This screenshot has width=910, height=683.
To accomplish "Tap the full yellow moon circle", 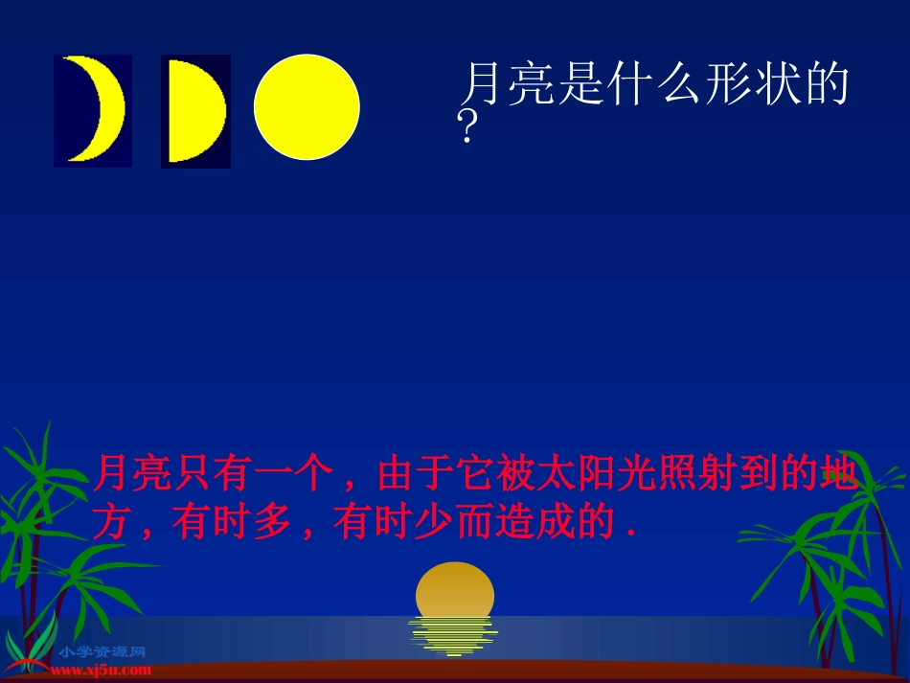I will pos(307,106).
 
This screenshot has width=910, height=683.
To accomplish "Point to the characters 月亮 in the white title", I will pos(508,85).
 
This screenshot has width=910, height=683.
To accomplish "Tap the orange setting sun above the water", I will pos(455,589).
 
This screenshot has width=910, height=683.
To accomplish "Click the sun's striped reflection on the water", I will pos(452,636).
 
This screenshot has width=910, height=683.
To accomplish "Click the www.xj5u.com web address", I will pos(102,671).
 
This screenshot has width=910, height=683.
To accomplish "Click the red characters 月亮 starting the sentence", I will pos(132,475).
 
